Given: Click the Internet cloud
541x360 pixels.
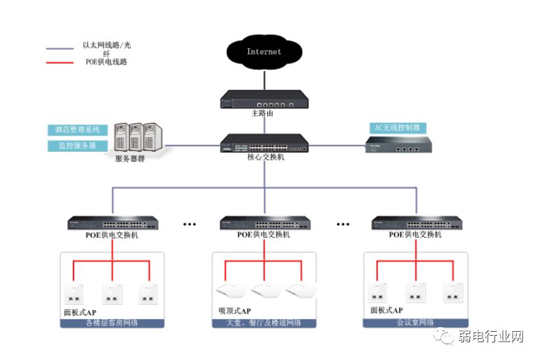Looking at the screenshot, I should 264,51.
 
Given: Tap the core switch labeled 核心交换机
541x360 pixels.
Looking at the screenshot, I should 264,144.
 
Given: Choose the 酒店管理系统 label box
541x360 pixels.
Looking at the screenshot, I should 74,130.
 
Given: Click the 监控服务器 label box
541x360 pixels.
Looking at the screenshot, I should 72,145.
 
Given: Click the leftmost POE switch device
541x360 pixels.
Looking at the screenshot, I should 112,223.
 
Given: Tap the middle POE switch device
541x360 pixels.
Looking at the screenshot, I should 264,223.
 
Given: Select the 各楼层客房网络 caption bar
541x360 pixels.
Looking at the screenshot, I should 112,323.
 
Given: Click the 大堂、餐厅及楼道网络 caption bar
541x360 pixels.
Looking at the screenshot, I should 264,323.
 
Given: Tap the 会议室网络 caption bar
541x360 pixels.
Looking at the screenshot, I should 415,323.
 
